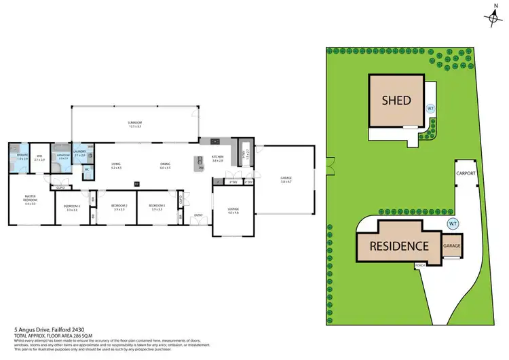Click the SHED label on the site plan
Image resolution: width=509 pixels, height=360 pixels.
point(396,100)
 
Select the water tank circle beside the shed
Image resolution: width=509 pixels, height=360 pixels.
point(430,108)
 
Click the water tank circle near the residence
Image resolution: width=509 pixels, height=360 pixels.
point(452,223)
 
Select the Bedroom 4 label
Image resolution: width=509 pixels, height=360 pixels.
point(72,207)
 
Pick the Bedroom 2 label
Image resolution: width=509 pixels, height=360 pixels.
point(119,206)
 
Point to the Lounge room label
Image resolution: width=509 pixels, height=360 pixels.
point(234,211)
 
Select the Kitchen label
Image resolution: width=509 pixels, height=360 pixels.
point(217,159)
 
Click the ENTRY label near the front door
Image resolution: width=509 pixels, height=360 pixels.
point(198,215)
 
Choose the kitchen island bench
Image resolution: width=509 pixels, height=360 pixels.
point(200,162)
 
